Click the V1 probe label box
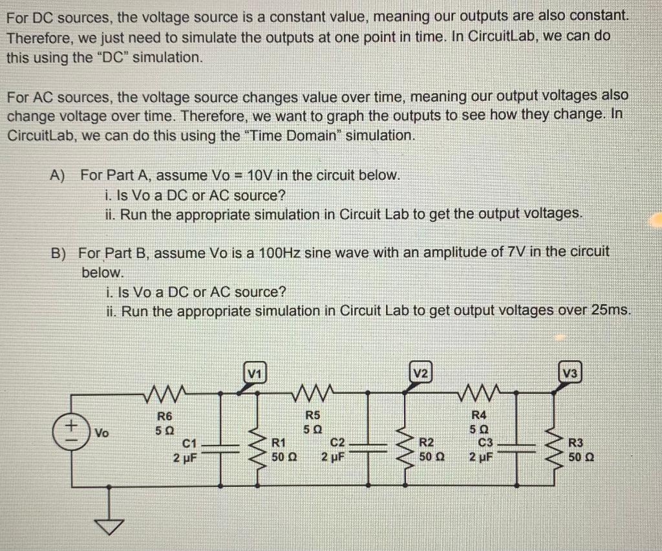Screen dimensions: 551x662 pos(255,373)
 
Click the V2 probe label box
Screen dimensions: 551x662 pos(421,373)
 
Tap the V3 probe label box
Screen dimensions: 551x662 pos(570,373)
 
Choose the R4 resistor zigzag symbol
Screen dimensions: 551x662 pos(479,392)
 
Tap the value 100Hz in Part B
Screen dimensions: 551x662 pos(277,252)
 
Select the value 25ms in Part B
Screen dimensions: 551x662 pos(609,310)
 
